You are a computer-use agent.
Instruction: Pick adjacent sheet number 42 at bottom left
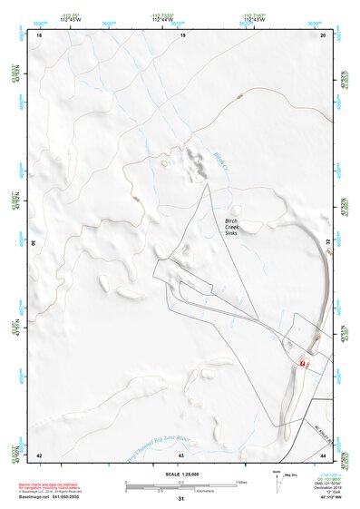coord(39,454)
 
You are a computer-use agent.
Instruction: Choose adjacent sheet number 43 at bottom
coord(182,454)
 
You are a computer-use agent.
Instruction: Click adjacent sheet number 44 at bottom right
coord(325,454)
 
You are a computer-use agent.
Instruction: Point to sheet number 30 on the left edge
coord(34,243)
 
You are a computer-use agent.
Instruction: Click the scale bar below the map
coord(181,485)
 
